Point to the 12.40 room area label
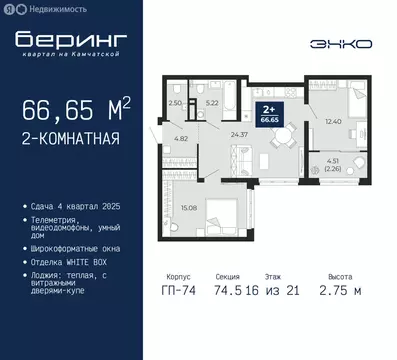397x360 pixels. pyautogui.click(x=333, y=121)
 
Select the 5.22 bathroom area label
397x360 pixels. pyautogui.click(x=212, y=103)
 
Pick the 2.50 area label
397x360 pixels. pyautogui.click(x=175, y=102)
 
